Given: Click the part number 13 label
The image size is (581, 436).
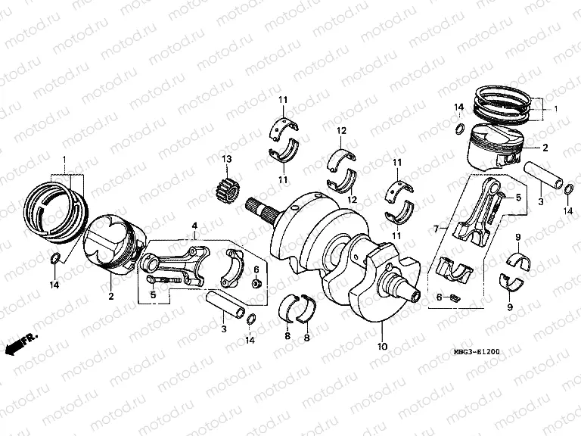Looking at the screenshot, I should point(225,158).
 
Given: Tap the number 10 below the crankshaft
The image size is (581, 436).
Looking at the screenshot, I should point(383,347).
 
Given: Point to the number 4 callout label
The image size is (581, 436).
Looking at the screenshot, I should point(194,226).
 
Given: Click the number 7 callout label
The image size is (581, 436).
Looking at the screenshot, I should point(435,228).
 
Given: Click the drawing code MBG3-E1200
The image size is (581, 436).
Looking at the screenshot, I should point(477,353).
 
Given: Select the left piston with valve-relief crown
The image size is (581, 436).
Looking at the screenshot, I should point(113,243).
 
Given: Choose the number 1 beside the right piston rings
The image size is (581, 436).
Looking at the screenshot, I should point(557,109).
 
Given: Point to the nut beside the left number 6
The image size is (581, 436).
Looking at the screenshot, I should point(256,283).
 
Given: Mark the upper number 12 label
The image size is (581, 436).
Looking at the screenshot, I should point(342,131).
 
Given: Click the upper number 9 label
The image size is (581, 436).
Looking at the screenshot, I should point(517,238).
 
